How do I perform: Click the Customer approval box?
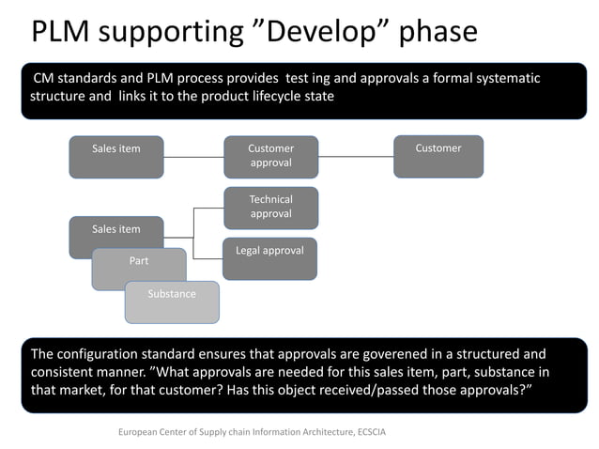(270, 156)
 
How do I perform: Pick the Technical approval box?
(270, 207)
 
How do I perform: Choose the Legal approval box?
(269, 257)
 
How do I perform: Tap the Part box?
(139, 268)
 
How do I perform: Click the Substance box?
(172, 302)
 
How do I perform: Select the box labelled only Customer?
(438, 156)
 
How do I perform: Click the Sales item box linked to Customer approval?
(116, 156)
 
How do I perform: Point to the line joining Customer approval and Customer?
(355, 156)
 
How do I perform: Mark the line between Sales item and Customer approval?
(193, 156)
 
